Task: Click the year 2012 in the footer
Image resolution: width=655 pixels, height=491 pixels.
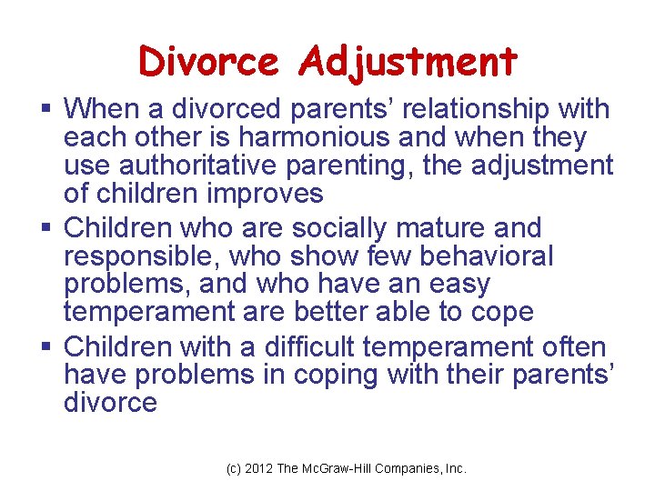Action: (259, 468)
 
